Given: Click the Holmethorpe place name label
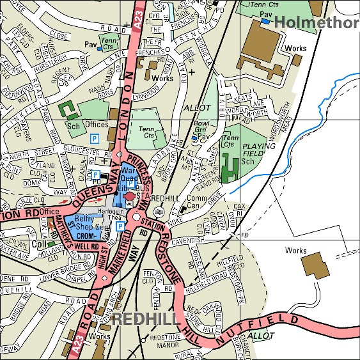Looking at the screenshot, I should click(317, 23).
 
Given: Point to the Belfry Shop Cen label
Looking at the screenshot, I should click(88, 223).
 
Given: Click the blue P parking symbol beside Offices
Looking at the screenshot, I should click(95, 138).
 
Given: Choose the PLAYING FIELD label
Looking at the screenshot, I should click(259, 151).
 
